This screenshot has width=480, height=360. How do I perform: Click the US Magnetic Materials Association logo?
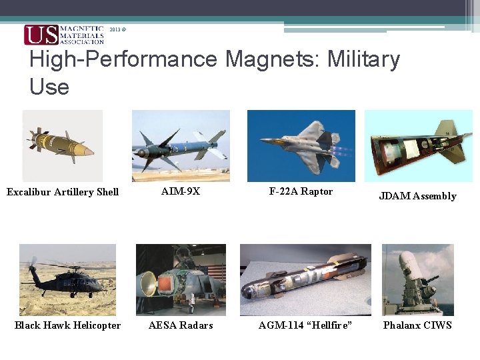click(64, 35)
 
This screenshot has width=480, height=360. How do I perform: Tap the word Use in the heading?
click(49, 87)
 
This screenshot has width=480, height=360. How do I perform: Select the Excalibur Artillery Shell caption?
click(63, 192)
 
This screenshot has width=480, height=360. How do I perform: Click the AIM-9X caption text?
click(181, 191)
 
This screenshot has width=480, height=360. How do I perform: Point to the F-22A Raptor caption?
click(301, 191)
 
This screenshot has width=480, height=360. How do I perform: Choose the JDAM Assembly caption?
click(417, 196)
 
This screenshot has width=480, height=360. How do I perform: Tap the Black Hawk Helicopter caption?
click(68, 325)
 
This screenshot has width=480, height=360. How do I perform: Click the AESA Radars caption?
click(181, 325)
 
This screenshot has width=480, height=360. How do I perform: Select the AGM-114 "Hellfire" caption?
click(305, 325)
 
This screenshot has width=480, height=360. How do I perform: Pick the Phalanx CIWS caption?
click(417, 325)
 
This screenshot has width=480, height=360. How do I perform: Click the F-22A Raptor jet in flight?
click(303, 143)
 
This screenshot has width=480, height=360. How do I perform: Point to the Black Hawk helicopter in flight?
click(67, 279)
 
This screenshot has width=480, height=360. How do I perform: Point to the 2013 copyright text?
click(117, 30)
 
